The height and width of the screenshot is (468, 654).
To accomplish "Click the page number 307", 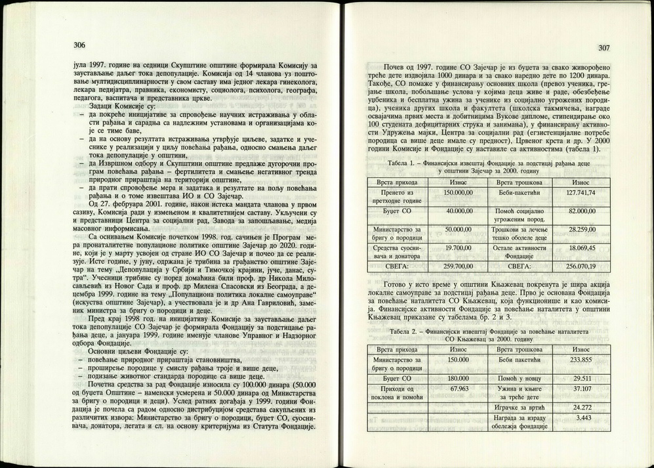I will [604, 48].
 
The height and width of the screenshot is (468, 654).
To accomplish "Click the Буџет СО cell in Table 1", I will [398, 211].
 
